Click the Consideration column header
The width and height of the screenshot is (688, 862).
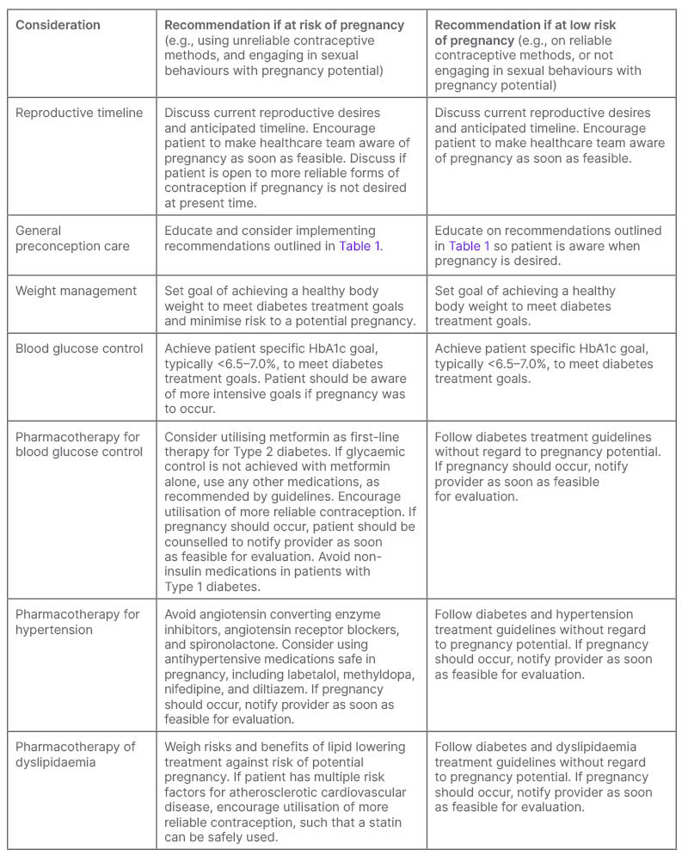(58, 25)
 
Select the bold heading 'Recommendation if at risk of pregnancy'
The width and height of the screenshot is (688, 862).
(284, 25)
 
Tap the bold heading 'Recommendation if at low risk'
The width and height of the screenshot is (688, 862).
(525, 25)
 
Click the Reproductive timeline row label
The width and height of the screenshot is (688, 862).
(79, 113)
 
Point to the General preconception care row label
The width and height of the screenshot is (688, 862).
(72, 238)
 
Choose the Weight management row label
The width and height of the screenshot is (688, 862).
(76, 291)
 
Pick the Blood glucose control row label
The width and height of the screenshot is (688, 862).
(78, 348)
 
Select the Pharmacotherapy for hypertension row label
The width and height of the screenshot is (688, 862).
(77, 622)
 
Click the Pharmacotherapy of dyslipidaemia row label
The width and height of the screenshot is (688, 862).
(76, 754)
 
